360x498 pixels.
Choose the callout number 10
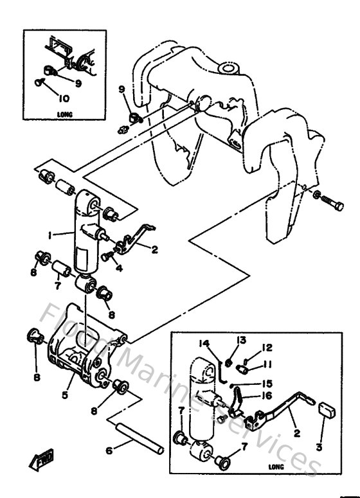(64, 99)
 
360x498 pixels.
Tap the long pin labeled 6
(138, 443)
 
